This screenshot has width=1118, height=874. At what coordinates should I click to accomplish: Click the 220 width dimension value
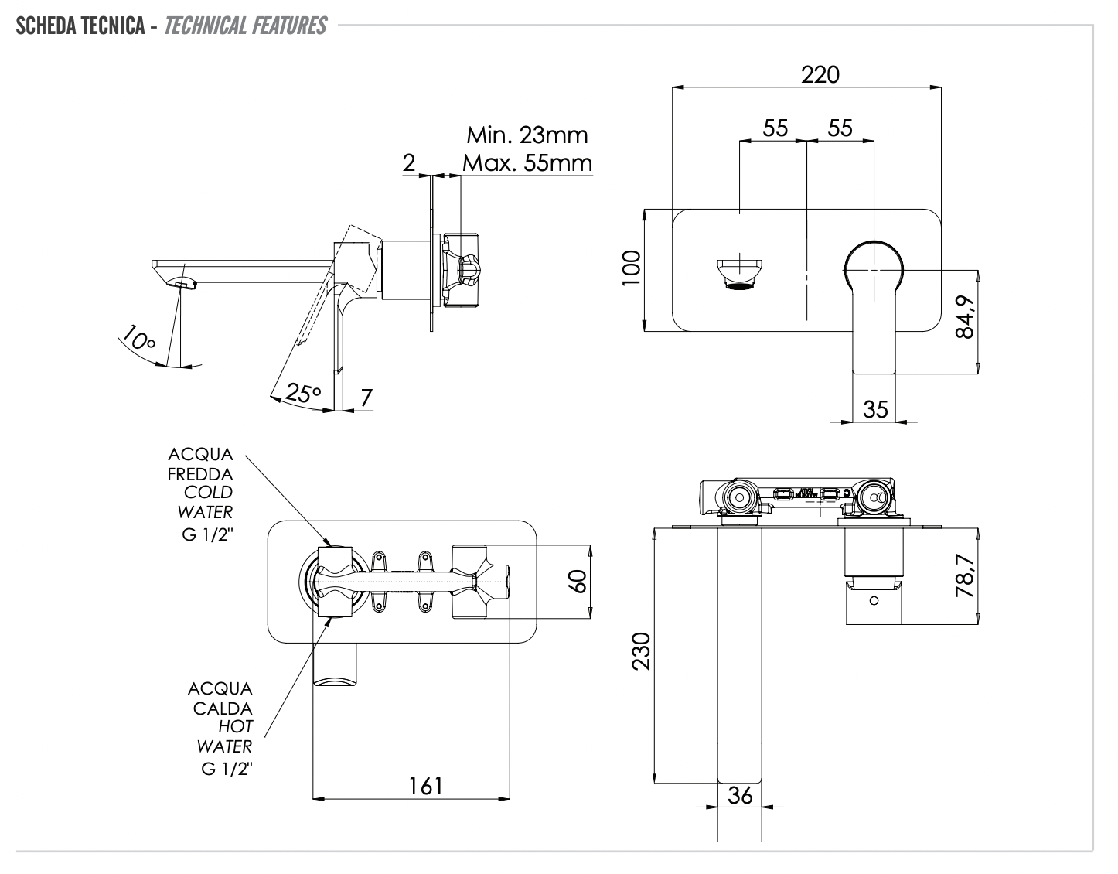tap(820, 74)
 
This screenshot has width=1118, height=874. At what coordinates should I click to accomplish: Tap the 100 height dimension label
tap(632, 268)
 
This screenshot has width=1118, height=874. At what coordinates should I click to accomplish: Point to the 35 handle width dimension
tap(875, 408)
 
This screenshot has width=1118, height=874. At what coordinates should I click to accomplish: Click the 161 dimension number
tap(425, 786)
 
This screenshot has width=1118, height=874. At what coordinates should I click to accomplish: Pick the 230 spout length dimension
tap(641, 651)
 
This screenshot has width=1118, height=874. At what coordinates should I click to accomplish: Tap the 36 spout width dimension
tap(740, 795)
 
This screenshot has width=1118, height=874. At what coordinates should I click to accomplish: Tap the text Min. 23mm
tap(527, 135)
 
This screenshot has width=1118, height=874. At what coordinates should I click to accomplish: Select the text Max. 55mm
tap(527, 163)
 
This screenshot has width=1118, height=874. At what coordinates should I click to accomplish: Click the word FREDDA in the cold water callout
tap(200, 473)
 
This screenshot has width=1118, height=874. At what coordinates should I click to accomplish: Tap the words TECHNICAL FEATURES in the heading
tap(245, 26)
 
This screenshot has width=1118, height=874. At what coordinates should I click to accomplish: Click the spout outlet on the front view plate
tap(740, 274)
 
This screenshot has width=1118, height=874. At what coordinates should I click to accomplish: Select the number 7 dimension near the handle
tap(366, 397)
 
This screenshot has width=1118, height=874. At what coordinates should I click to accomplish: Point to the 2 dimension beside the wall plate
tap(409, 162)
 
